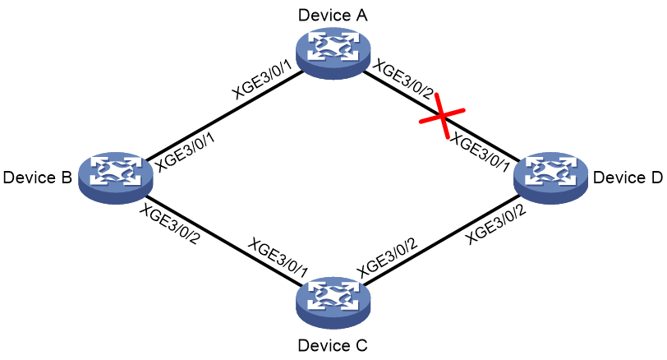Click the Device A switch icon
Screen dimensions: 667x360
(x=333, y=53)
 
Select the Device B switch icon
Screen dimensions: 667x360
(x=116, y=178)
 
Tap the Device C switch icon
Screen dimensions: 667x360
(x=333, y=302)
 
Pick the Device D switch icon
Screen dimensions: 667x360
(x=551, y=178)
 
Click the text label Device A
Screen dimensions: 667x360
(x=333, y=15)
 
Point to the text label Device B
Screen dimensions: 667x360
(x=38, y=178)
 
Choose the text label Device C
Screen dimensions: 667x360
(x=333, y=345)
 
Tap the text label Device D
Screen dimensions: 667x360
(x=628, y=178)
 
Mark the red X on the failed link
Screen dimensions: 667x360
(x=443, y=116)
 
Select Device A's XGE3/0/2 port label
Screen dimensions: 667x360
(x=403, y=80)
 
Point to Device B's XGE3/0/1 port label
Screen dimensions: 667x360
(x=185, y=152)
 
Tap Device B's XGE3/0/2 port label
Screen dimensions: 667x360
(x=170, y=224)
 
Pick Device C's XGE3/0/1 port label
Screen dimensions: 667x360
(x=278, y=258)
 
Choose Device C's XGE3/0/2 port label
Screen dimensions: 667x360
(x=387, y=257)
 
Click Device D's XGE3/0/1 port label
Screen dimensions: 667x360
(x=480, y=152)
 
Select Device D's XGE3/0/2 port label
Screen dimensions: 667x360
(x=496, y=224)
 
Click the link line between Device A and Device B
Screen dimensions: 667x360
(x=224, y=116)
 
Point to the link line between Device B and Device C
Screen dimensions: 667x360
(x=224, y=240)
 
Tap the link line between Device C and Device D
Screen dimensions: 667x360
(x=443, y=240)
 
